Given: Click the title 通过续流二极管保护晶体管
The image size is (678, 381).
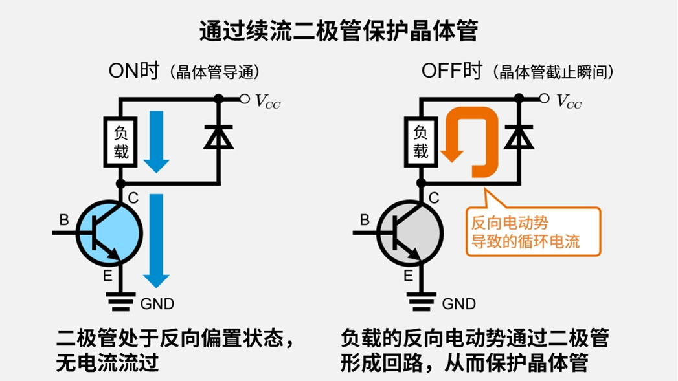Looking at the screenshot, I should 339,30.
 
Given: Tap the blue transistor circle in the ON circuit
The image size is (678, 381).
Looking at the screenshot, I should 109,234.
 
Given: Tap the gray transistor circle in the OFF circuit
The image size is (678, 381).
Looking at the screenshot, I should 410,234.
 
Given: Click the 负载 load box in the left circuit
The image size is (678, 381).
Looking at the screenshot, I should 120,142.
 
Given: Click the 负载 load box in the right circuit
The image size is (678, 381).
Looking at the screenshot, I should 421,142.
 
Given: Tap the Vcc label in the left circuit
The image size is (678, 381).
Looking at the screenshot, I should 267,101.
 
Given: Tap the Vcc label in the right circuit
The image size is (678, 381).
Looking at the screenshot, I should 569,101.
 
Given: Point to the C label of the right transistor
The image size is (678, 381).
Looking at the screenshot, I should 434,198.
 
